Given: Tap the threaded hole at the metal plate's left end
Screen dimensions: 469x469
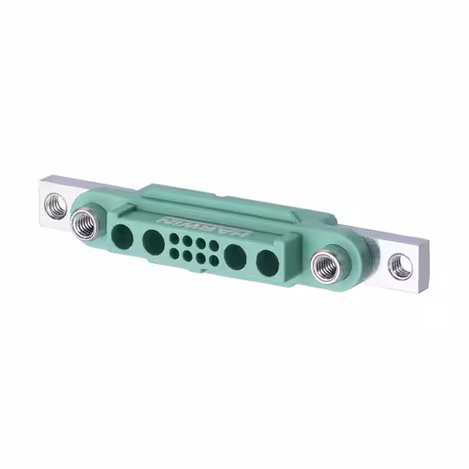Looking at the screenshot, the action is coord(56,205).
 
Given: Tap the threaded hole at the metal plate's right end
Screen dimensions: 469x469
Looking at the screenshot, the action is coord(400,267).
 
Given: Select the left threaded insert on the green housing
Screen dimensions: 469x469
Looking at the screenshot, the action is coord(85,224).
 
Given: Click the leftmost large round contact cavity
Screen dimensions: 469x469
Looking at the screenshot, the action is coord(122,237).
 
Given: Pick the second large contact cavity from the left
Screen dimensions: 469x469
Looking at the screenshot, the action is coord(153,242).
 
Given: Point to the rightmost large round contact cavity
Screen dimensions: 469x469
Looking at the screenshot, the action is coord(267,263).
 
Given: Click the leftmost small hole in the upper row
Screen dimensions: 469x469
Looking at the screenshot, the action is coord(174,237).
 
